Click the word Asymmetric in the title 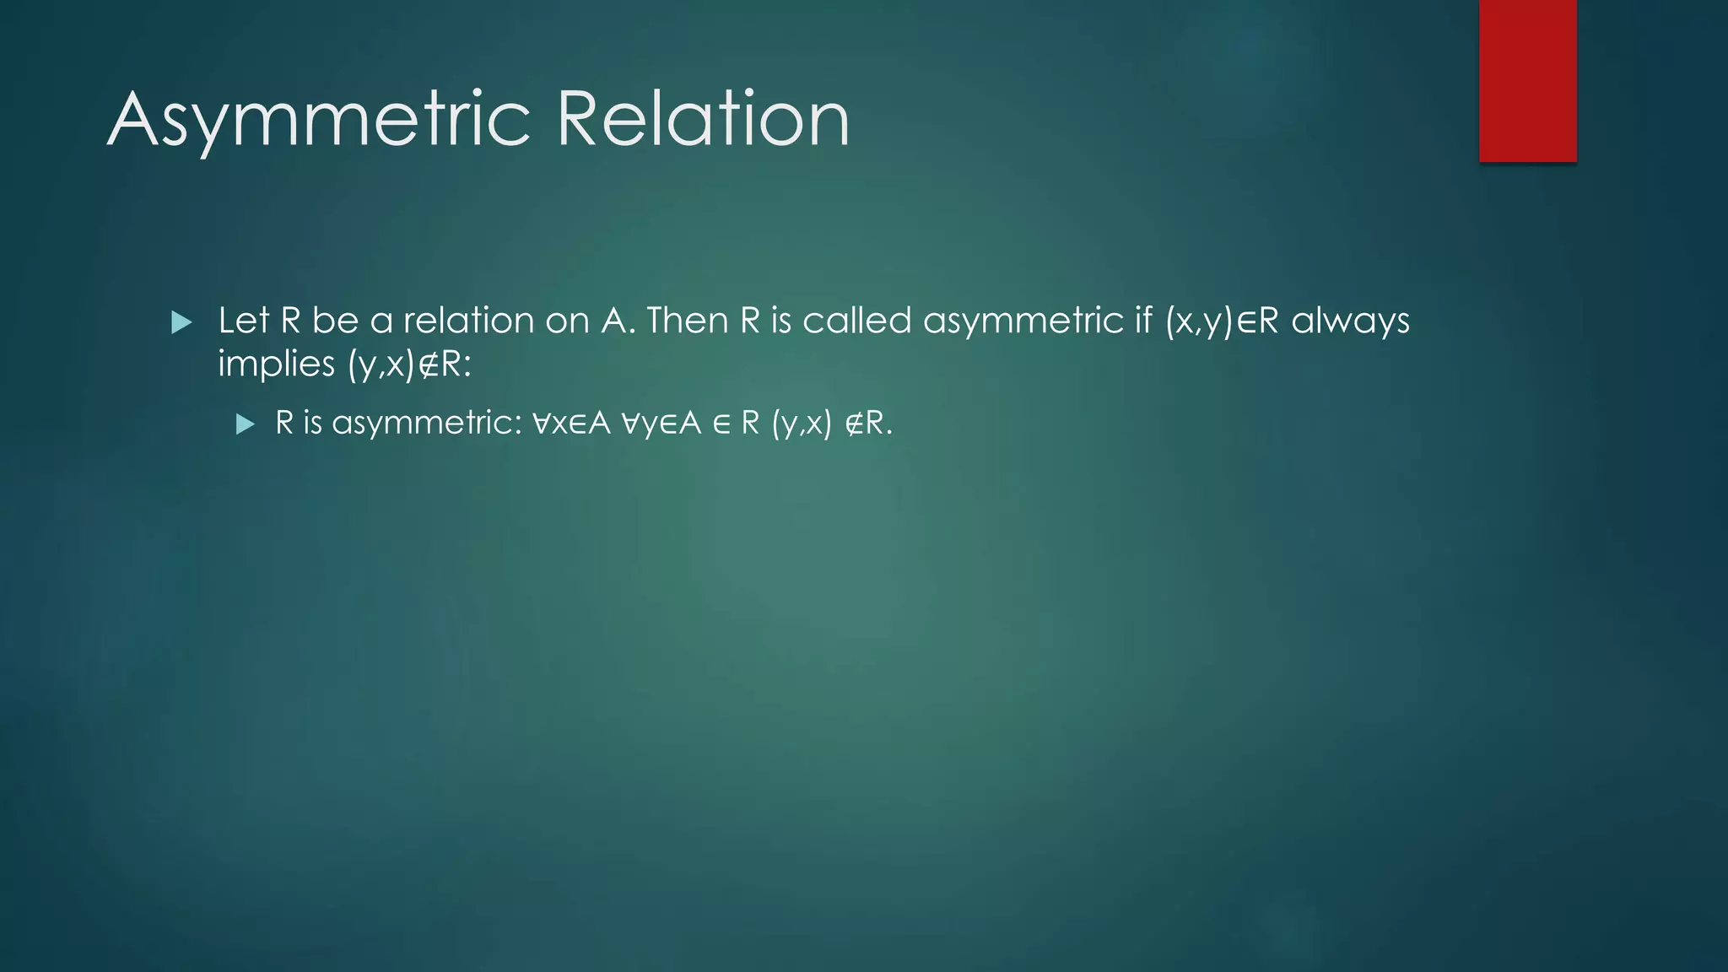tap(319, 120)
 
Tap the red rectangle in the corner tap(1527, 80)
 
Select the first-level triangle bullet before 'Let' tap(181, 322)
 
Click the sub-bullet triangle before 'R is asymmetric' tap(245, 424)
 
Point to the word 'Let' tap(244, 321)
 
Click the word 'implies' tap(276, 364)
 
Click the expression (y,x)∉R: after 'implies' tap(409, 364)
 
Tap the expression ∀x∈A tap(571, 423)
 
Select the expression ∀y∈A tap(661, 423)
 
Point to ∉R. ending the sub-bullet tap(868, 423)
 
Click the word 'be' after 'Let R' tap(335, 321)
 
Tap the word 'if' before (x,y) tap(1143, 321)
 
